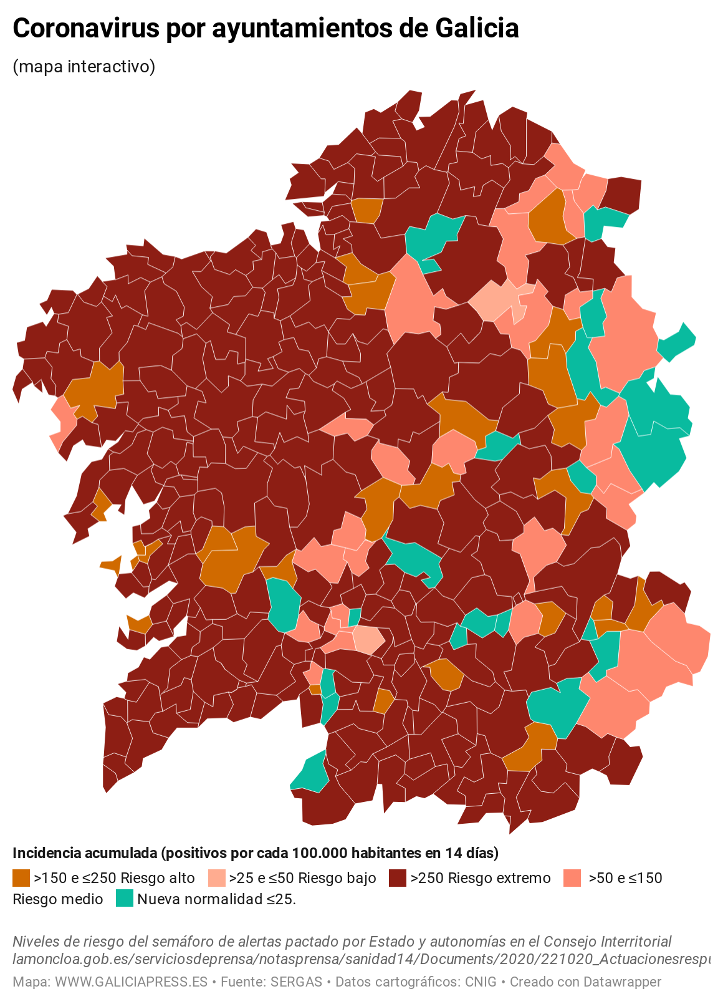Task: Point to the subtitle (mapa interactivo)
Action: (x=84, y=66)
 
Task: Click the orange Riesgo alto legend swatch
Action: (x=21, y=878)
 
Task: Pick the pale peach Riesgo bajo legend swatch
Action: (x=216, y=878)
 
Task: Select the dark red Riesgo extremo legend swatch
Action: (x=398, y=878)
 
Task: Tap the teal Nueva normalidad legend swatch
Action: (x=125, y=899)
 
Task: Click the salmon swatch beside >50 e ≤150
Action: (x=572, y=878)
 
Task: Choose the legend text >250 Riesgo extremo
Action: (x=481, y=878)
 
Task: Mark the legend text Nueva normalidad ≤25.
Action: (x=216, y=899)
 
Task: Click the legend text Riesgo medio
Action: (x=58, y=899)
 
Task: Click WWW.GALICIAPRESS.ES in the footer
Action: (x=131, y=982)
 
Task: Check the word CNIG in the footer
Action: (x=481, y=982)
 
